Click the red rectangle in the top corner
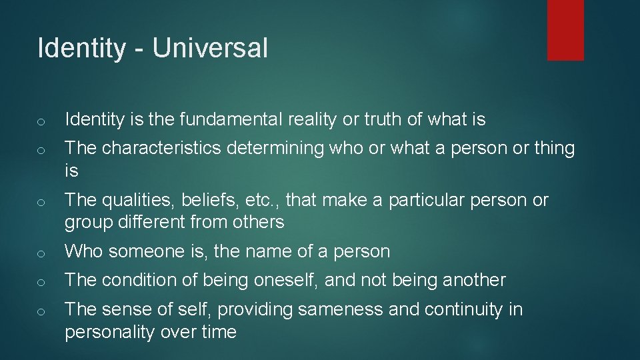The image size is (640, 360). coord(565,29)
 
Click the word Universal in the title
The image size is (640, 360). coord(210,49)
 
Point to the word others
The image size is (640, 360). coord(257,222)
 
